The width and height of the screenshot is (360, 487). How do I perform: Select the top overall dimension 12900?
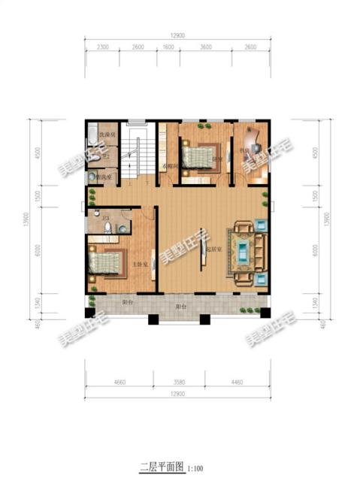[x=177, y=36]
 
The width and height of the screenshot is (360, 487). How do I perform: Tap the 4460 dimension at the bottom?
[x=235, y=382]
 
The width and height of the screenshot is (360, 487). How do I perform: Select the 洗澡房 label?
[x=108, y=135]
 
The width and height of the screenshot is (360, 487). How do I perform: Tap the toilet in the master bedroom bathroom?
[x=109, y=226]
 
